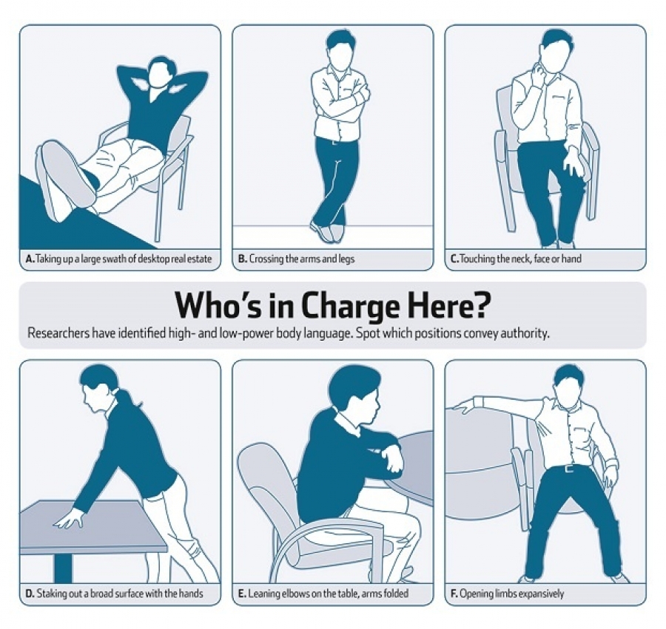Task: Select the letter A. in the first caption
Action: (30, 259)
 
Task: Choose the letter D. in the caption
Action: (30, 593)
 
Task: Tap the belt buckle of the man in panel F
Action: (570, 469)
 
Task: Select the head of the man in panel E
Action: (357, 395)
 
